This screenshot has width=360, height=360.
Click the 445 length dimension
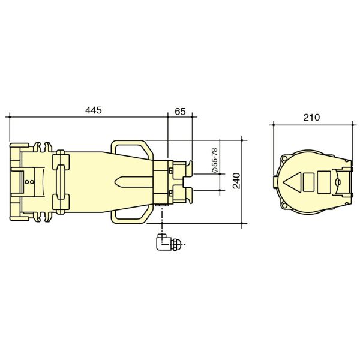[94, 110]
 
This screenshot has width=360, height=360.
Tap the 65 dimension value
[179, 111]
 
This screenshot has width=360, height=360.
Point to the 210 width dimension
[311, 118]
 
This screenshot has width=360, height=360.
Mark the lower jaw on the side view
[182, 194]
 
